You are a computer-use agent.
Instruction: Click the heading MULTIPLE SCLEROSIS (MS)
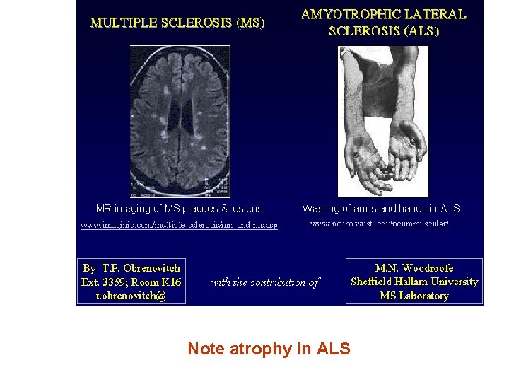(177, 22)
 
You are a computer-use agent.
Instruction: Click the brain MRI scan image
(180, 121)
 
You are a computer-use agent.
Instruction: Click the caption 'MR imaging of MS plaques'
(179, 209)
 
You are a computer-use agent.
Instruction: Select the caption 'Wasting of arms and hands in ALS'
(381, 209)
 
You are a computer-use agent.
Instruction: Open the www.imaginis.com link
(179, 225)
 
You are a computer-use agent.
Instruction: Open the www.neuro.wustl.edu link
(380, 224)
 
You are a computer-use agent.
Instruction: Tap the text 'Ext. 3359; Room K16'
(131, 282)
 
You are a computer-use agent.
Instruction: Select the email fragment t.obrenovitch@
(131, 296)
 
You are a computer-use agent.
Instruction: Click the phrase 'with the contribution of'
(265, 282)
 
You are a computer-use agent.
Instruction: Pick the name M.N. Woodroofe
(414, 267)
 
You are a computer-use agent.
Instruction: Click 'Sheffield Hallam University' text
(414, 282)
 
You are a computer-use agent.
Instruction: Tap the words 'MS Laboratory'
(414, 296)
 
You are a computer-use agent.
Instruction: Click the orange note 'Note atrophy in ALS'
(269, 349)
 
